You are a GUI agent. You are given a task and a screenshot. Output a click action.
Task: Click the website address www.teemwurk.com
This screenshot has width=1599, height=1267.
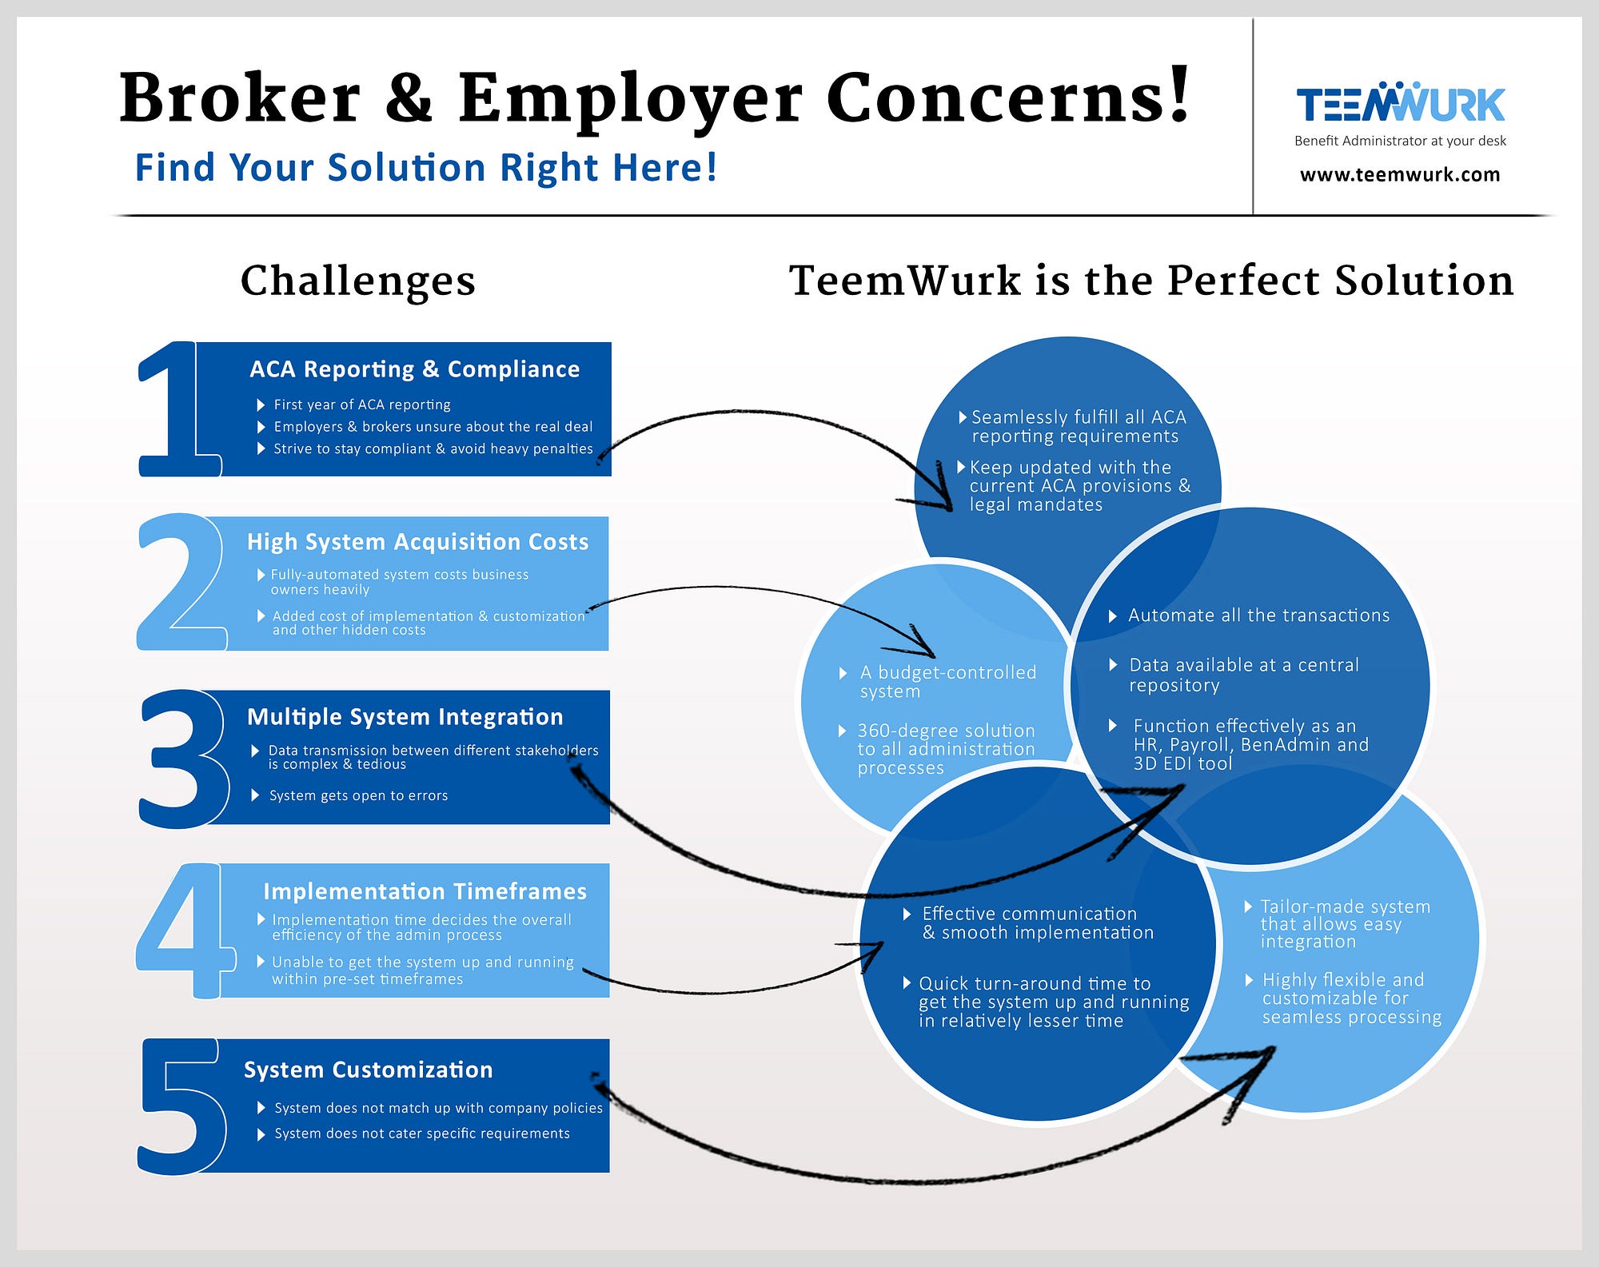click(1400, 174)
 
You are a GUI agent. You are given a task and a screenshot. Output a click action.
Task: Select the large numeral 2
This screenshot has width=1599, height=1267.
click(181, 581)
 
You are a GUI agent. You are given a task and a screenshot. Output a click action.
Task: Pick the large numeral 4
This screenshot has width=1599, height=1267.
click(185, 930)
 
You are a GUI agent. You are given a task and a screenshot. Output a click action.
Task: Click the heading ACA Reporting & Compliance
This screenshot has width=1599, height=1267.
click(415, 369)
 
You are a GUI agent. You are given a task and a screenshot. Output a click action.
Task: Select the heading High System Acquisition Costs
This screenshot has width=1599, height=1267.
click(417, 542)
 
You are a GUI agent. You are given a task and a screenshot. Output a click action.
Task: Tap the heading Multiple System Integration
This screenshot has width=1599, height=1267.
click(405, 717)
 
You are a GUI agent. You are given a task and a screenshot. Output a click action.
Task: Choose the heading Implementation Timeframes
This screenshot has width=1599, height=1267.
click(425, 891)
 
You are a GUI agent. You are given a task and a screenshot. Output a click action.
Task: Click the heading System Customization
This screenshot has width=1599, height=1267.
click(368, 1070)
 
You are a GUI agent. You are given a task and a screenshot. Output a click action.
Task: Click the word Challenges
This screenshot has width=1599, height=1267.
click(358, 281)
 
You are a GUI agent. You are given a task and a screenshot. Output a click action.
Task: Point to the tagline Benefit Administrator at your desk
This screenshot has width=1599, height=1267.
click(1400, 141)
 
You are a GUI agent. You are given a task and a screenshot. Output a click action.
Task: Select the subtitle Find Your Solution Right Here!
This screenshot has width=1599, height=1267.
click(426, 168)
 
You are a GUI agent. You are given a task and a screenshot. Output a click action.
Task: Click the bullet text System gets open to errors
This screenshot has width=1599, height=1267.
click(358, 795)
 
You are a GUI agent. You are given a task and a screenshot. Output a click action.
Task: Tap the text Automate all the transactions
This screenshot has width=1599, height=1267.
click(1258, 616)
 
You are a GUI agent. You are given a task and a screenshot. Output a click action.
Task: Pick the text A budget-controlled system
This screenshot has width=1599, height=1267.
click(948, 682)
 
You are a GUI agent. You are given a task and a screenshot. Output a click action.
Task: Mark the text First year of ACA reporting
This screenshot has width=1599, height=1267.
click(362, 404)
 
